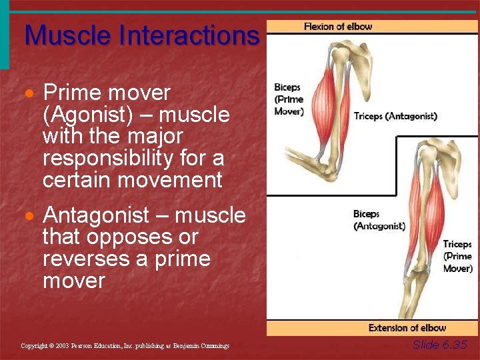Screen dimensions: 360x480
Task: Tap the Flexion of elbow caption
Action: [338, 27]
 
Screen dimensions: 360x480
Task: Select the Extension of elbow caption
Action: [407, 328]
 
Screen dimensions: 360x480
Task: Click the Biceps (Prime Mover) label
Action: [289, 99]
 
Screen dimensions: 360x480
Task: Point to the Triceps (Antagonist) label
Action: [395, 116]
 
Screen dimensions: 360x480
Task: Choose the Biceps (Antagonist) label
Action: [379, 220]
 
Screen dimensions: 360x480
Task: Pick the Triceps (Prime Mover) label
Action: [457, 257]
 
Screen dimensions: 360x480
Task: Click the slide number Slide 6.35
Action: [440, 345]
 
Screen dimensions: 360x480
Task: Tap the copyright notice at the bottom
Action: [125, 346]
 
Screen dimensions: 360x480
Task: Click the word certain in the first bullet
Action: [80, 180]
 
